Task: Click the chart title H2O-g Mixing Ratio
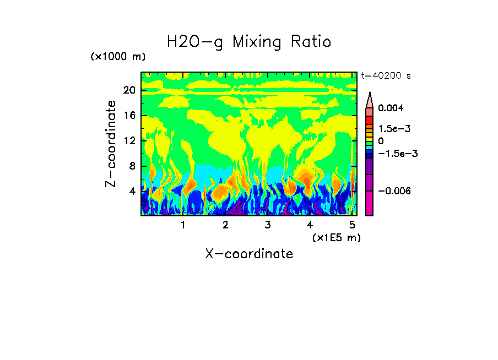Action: click(249, 42)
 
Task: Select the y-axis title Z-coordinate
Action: click(111, 144)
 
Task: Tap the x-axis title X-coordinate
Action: click(249, 254)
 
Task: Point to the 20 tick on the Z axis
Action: click(129, 90)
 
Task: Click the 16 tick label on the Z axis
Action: click(129, 116)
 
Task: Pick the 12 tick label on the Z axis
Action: click(129, 141)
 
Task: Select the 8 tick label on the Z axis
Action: click(132, 166)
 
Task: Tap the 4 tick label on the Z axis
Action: click(132, 192)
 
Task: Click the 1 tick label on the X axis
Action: click(183, 225)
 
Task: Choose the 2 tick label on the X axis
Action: click(225, 225)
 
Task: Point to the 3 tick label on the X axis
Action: click(267, 225)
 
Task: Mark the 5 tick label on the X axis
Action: click(352, 225)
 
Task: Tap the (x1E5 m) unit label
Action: click(336, 237)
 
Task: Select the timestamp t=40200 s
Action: click(386, 76)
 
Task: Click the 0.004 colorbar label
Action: click(390, 108)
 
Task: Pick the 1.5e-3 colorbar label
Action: click(391, 128)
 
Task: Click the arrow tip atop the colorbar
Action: click(370, 94)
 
